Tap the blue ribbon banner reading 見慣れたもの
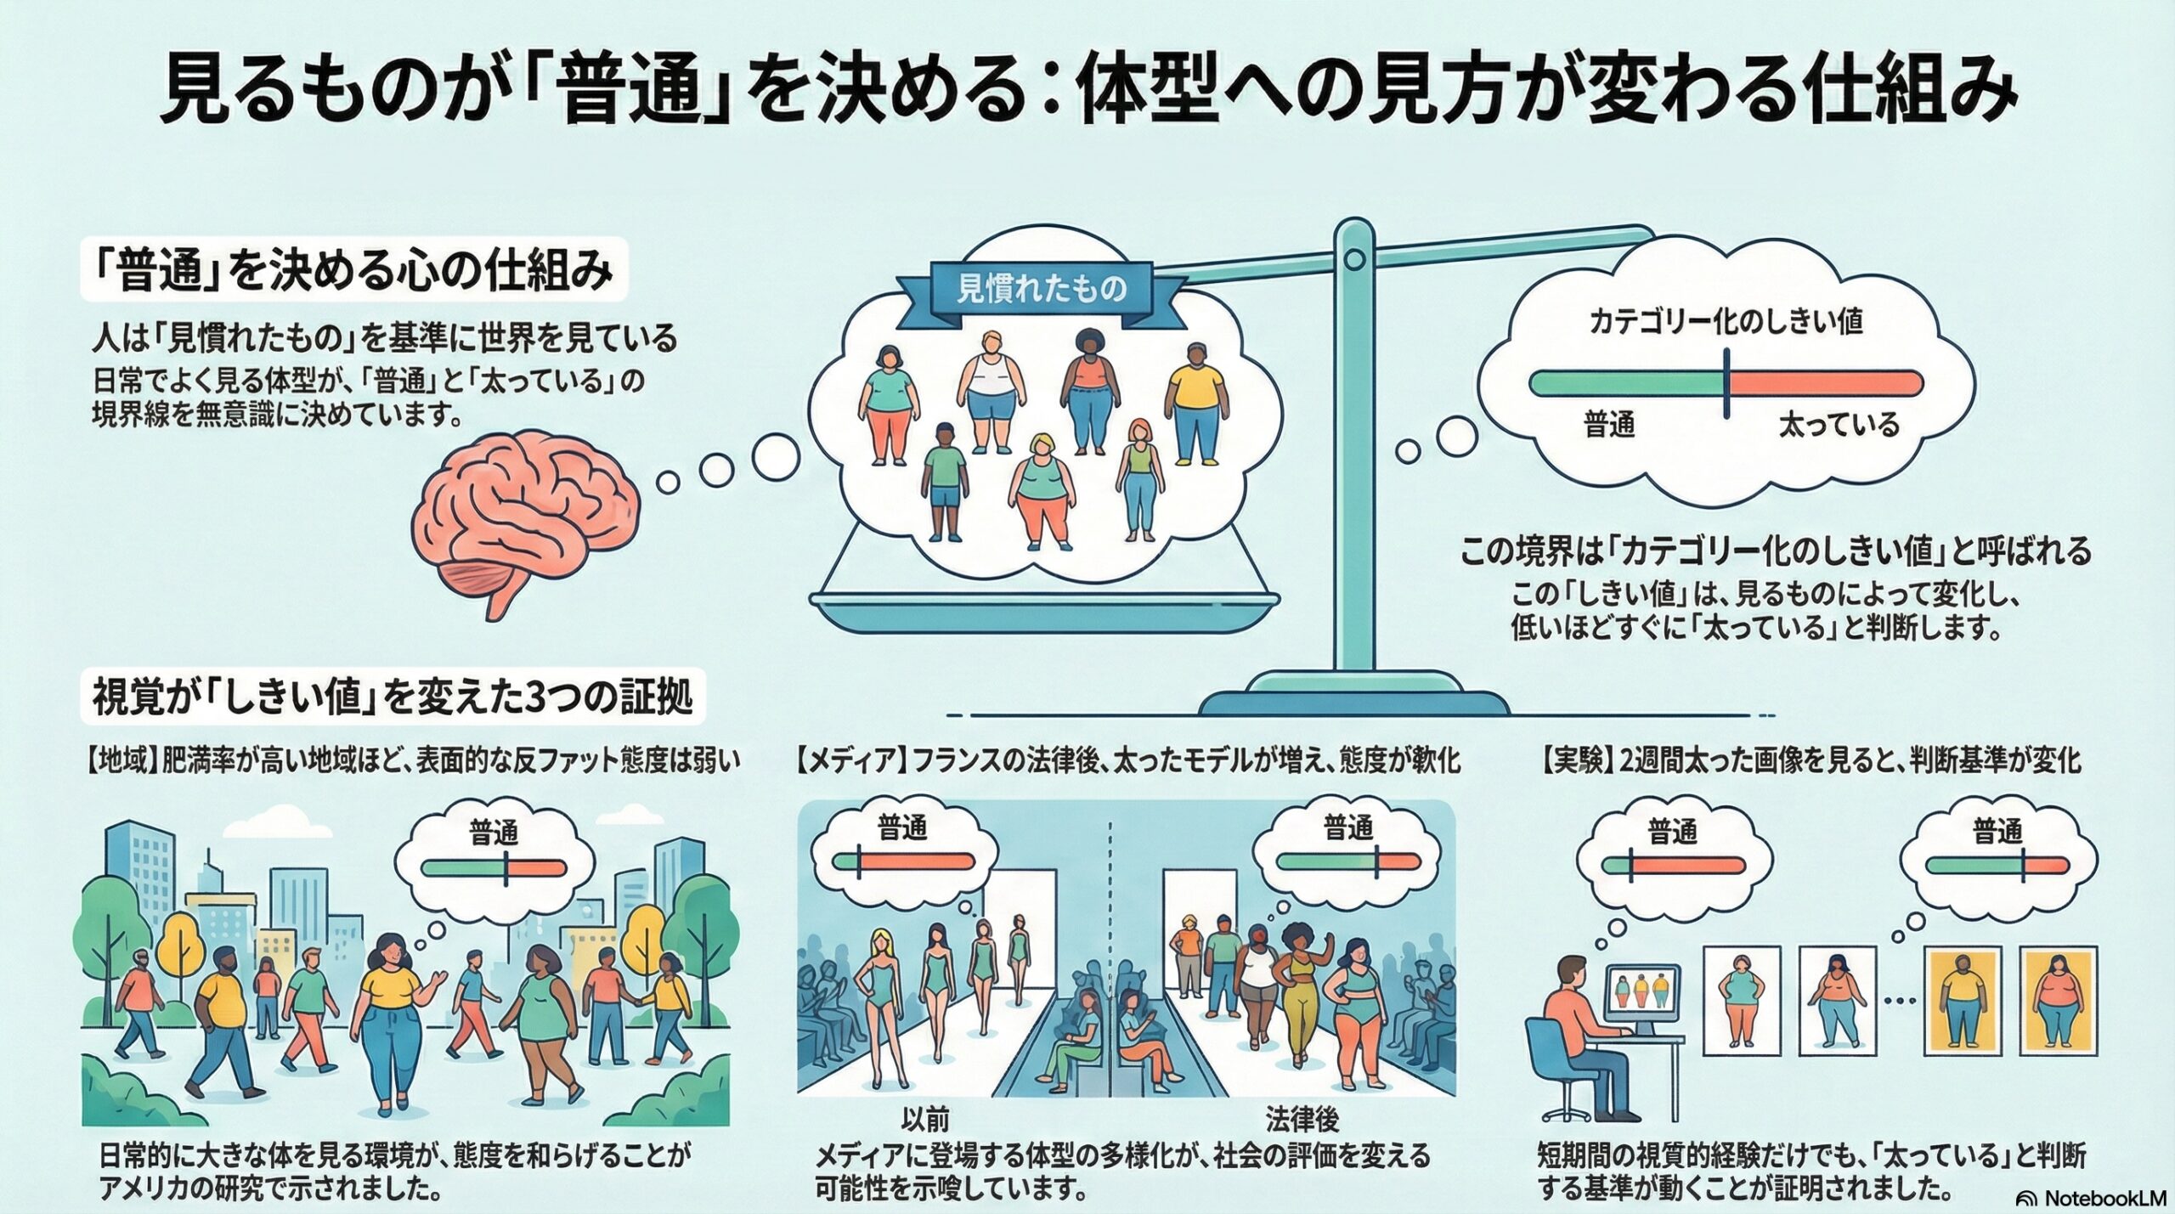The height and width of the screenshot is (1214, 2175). pos(1042,290)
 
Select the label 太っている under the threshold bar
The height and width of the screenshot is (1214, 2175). pos(1839,424)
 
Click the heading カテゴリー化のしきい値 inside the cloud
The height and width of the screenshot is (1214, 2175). pos(1725,322)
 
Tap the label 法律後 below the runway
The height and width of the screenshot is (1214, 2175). pos(1302,1120)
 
